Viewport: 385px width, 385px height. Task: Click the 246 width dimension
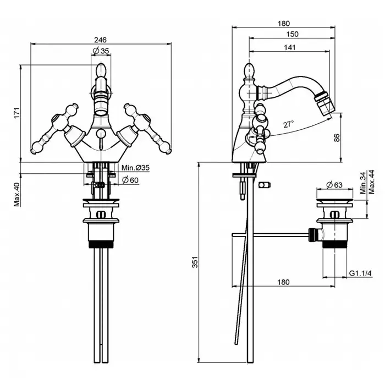(99, 39)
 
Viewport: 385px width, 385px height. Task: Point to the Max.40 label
(17, 195)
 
